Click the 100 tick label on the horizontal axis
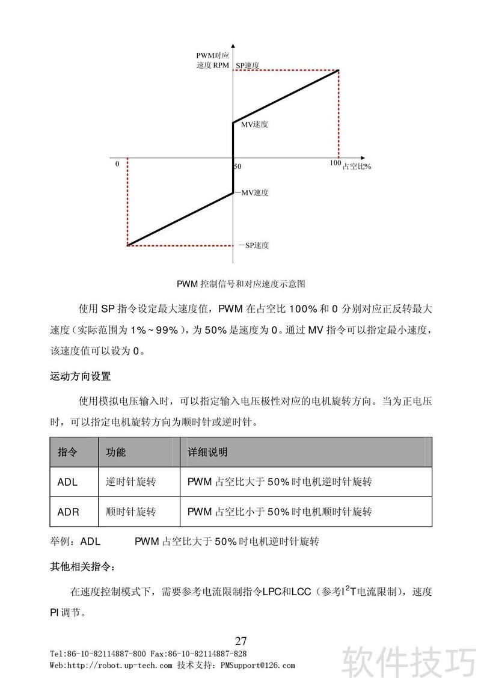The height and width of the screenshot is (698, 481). tap(335, 164)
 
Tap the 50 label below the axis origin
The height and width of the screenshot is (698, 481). tap(237, 166)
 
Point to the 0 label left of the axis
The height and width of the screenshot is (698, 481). tap(117, 164)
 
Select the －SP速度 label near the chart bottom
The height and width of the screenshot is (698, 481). tap(253, 245)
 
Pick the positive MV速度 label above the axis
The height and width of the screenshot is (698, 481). tap(254, 124)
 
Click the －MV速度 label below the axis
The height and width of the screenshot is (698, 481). tap(252, 193)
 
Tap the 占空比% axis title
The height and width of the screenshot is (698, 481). tap(357, 166)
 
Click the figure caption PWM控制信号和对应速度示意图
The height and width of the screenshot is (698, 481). tap(241, 283)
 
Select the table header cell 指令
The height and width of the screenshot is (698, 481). tap(67, 452)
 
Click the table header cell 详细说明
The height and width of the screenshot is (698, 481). tap(207, 452)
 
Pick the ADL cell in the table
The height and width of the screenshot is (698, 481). tap(67, 482)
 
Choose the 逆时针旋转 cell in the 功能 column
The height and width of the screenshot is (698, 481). tap(130, 482)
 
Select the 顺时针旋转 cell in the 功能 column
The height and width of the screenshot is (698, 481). tap(130, 512)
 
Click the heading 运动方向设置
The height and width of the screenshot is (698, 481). tap(80, 377)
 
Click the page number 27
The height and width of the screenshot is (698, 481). tap(241, 640)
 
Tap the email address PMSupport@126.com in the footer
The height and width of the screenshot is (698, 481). tap(258, 666)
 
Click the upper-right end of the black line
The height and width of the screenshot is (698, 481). tap(339, 70)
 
